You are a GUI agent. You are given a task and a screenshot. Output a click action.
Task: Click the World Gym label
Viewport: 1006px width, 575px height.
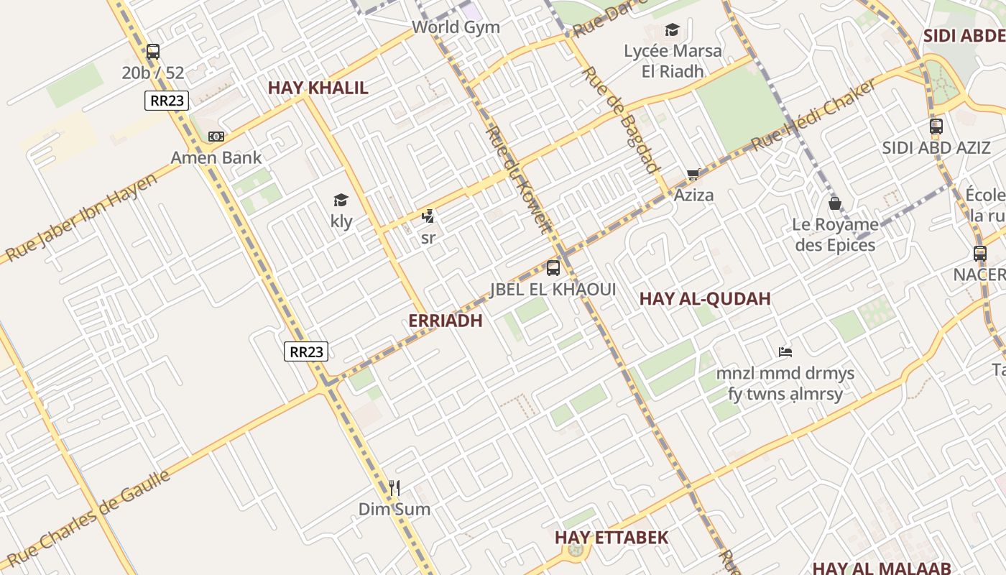pyautogui.click(x=456, y=27)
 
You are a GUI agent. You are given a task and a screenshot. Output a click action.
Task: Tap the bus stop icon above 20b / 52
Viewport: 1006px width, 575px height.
pyautogui.click(x=152, y=52)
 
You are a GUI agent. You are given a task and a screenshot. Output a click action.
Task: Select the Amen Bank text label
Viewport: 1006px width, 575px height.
pyautogui.click(x=216, y=157)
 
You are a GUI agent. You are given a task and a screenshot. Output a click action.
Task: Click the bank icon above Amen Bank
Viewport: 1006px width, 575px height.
pyautogui.click(x=216, y=137)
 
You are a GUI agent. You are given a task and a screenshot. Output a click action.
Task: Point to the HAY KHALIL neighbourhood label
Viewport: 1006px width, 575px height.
pyautogui.click(x=318, y=88)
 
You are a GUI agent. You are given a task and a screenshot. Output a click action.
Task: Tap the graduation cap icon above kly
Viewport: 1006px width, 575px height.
pyautogui.click(x=341, y=201)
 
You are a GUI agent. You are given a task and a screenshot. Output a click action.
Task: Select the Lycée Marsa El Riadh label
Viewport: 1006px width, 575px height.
pyautogui.click(x=673, y=60)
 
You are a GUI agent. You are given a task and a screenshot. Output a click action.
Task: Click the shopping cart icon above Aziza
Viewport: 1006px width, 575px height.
pyautogui.click(x=693, y=174)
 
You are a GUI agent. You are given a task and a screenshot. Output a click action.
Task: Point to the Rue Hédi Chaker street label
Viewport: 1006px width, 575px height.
pyautogui.click(x=813, y=115)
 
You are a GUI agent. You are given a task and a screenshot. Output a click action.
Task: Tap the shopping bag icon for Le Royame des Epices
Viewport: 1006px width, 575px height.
pyautogui.click(x=835, y=203)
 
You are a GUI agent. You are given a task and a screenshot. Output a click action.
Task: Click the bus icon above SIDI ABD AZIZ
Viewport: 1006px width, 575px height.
pyautogui.click(x=936, y=126)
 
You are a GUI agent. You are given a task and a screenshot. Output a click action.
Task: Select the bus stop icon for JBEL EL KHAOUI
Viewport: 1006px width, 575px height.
pyautogui.click(x=553, y=268)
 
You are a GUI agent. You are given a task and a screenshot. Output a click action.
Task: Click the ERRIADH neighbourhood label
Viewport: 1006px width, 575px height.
pyautogui.click(x=445, y=321)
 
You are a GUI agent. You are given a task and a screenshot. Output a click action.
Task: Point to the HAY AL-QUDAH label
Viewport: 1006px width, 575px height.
pyautogui.click(x=704, y=298)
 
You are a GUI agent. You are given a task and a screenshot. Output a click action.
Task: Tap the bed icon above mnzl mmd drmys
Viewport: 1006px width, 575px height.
pyautogui.click(x=785, y=352)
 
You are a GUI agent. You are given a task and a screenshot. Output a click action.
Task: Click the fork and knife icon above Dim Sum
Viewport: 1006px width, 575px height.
pyautogui.click(x=394, y=488)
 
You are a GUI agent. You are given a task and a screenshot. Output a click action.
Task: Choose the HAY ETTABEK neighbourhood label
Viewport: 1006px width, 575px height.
pyautogui.click(x=611, y=537)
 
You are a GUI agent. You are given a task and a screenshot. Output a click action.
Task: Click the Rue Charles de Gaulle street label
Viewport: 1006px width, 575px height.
pyautogui.click(x=89, y=517)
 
